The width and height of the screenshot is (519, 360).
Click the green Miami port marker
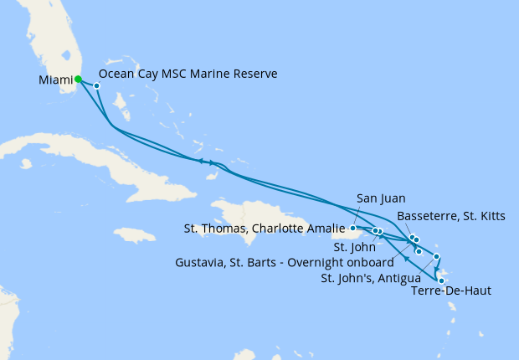(78, 80)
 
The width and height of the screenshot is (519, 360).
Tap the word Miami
(55, 80)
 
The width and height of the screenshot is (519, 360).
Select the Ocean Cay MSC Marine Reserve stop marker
(97, 85)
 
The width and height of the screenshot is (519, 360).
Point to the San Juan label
(381, 198)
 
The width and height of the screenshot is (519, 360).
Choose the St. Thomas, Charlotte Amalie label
(264, 228)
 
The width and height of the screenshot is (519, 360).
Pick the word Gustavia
(202, 262)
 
